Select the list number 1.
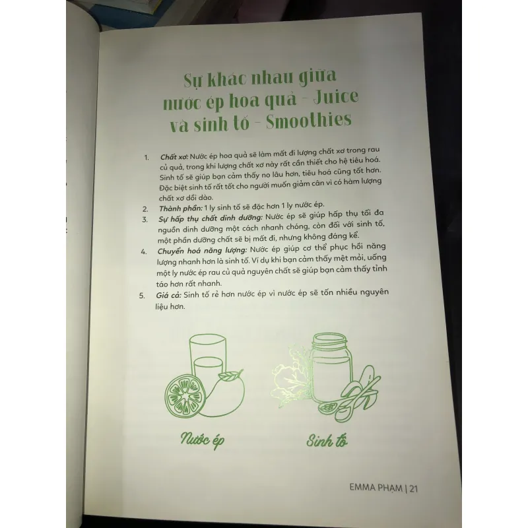pyautogui.click(x=147, y=158)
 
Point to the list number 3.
pyautogui.click(x=144, y=218)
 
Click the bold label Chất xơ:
pyautogui.click(x=174, y=157)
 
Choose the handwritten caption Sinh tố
pyautogui.click(x=327, y=441)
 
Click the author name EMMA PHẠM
pyautogui.click(x=376, y=489)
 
